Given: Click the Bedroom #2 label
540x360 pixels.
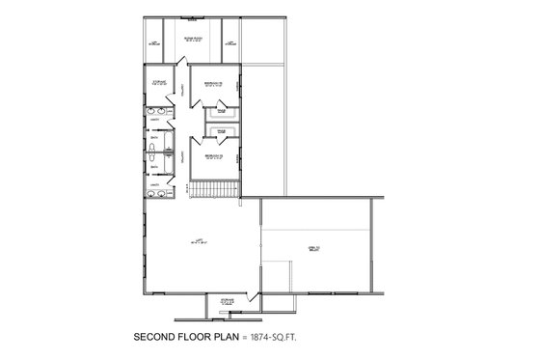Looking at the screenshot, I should (208, 84).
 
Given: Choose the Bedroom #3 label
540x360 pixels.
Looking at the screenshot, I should (208, 154).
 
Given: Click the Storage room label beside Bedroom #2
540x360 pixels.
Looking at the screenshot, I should (159, 83).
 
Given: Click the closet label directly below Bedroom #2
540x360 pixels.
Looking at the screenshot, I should (221, 111).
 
